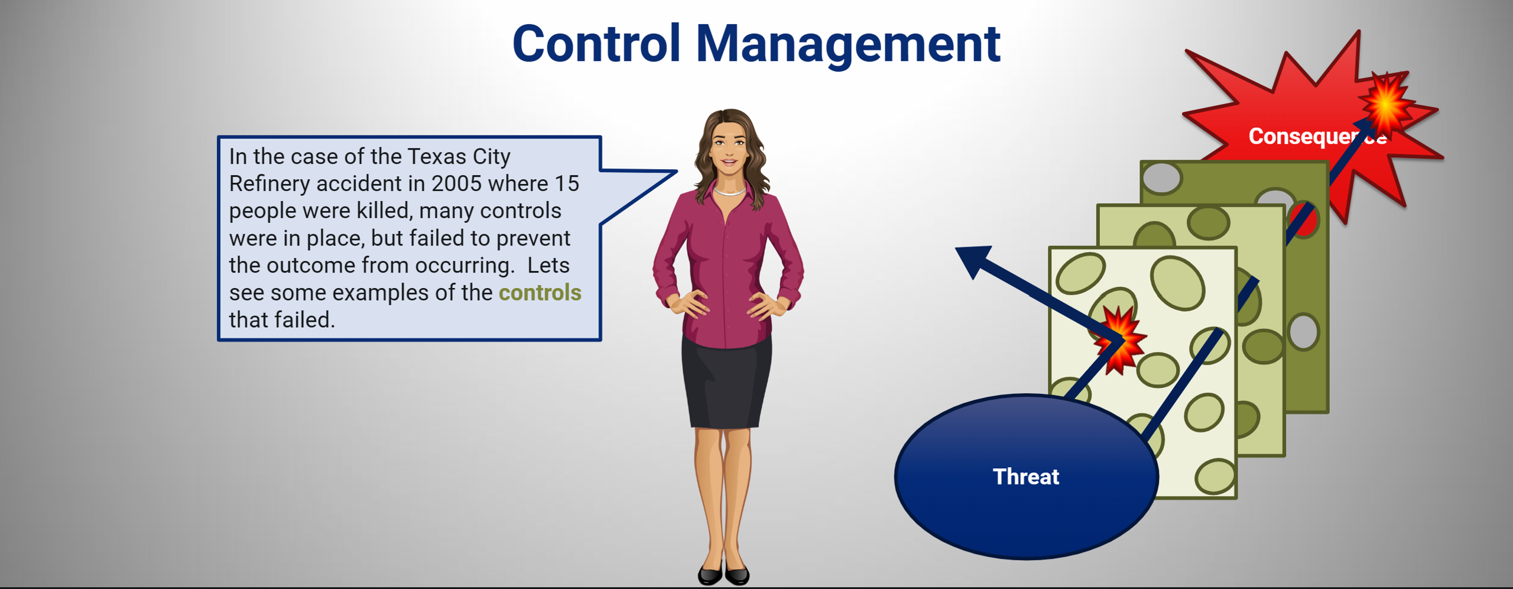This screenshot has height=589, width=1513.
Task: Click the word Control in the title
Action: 597,44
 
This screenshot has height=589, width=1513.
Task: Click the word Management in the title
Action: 848,46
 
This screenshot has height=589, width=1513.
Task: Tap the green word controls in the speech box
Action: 540,293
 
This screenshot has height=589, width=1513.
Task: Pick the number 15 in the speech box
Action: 566,183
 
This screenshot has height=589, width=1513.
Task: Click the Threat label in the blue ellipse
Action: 1026,477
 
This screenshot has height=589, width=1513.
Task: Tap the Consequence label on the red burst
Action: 1317,137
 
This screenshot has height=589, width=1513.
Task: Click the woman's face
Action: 729,148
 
